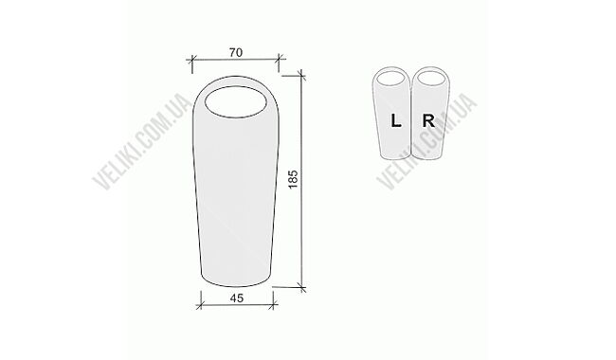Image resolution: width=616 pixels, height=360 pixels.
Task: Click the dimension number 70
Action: [236, 52]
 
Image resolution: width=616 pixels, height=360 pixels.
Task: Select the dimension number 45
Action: [237, 298]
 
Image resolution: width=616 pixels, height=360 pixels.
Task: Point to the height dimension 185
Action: [294, 179]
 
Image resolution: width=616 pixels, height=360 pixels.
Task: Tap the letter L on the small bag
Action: [396, 120]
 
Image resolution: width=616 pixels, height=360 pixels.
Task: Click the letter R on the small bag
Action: [428, 120]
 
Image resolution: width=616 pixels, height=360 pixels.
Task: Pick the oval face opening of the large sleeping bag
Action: [236, 101]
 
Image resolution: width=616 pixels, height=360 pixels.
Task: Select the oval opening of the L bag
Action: [391, 78]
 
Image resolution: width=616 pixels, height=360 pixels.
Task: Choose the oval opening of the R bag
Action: [431, 78]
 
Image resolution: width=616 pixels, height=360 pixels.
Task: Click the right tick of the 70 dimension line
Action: [279, 60]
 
